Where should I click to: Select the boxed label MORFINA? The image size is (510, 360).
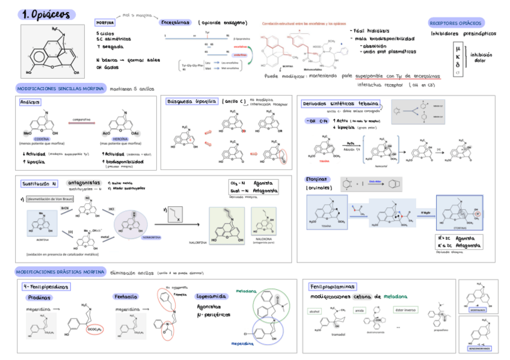click(x=105, y=23)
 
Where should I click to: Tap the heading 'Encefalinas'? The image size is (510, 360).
click(x=176, y=22)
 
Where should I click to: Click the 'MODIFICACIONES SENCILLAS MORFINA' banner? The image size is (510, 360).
click(x=60, y=88)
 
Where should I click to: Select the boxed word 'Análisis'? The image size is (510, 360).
click(x=31, y=102)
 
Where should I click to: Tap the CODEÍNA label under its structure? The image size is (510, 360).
click(x=41, y=139)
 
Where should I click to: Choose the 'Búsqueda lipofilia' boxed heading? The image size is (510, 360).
click(x=192, y=102)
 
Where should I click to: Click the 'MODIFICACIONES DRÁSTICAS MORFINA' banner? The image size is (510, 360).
click(x=61, y=272)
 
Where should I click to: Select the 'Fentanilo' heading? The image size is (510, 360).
click(x=126, y=296)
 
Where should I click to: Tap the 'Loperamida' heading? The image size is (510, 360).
click(x=211, y=296)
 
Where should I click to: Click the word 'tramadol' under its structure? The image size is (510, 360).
click(x=330, y=334)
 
